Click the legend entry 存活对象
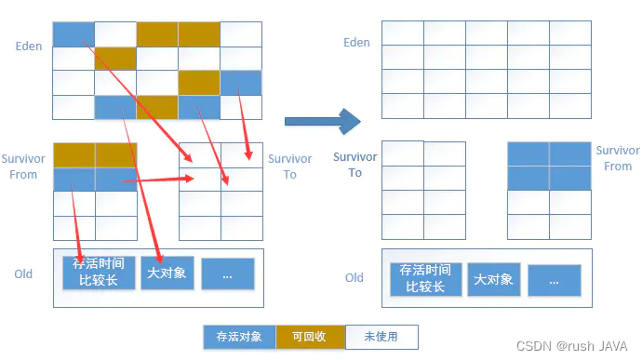[x=239, y=336]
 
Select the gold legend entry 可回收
[x=310, y=336]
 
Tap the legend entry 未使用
[x=381, y=336]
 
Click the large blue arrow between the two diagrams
[x=321, y=120]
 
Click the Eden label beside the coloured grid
[x=29, y=46]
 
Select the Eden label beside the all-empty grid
[x=356, y=43]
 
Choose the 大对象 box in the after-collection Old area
[x=493, y=278]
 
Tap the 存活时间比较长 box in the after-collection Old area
[x=425, y=278]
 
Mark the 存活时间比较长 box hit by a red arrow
[x=100, y=273]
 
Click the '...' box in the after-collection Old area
[x=555, y=279]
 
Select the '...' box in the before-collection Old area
[x=227, y=274]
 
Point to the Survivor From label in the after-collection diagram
[x=618, y=158]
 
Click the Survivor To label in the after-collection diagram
[x=355, y=165]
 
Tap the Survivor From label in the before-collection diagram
[x=23, y=167]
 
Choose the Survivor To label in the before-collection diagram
[x=289, y=167]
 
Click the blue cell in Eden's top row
[x=74, y=34]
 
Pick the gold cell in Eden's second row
[x=115, y=59]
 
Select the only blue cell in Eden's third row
[x=241, y=83]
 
